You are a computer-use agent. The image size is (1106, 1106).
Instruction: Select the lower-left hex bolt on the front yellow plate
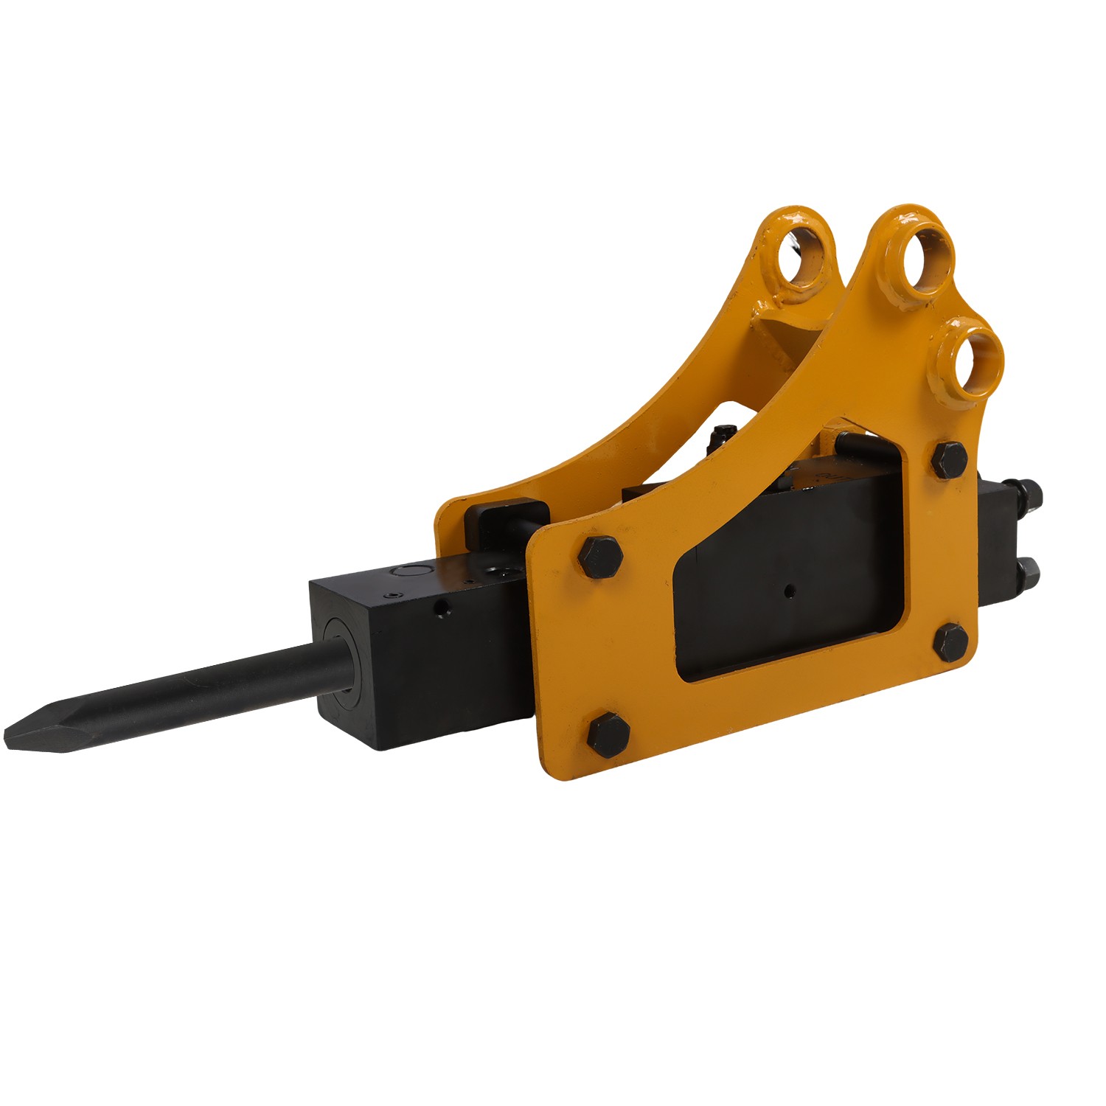(609, 734)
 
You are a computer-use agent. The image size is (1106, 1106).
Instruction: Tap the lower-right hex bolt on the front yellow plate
(951, 641)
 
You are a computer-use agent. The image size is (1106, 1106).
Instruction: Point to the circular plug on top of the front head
(408, 571)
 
